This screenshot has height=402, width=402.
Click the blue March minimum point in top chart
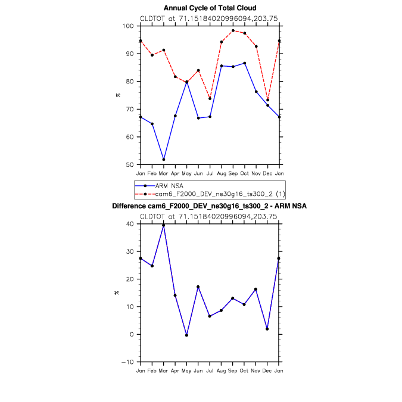pos(164,160)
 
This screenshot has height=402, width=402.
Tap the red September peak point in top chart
pos(233,30)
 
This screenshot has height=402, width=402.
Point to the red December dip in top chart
pos(267,99)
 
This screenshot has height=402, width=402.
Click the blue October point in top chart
pos(244,63)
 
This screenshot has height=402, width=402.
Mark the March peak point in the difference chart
pos(164,225)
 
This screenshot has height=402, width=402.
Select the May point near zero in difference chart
pos(186,335)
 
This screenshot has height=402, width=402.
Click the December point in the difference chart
pos(267,329)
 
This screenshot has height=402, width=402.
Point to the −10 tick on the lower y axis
pos(129,362)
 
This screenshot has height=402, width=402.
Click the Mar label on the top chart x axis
pos(164,173)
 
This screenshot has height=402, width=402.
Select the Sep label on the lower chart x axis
pos(233,370)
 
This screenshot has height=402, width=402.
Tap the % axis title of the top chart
pos(117,95)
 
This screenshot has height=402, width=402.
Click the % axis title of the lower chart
pos(117,292)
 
